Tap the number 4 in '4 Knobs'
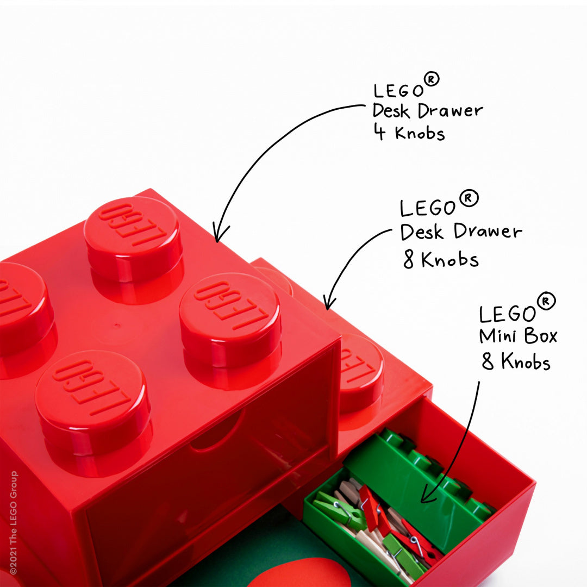[379, 132]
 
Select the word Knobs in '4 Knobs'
[420, 133]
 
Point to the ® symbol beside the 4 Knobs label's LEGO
[431, 80]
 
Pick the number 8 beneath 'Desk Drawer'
[409, 260]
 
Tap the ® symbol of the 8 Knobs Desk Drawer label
[469, 199]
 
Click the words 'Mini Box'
[518, 336]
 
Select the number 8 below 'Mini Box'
[488, 361]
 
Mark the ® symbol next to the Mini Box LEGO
[546, 301]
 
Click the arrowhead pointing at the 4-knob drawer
[217, 237]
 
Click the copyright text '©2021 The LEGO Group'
[13, 522]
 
